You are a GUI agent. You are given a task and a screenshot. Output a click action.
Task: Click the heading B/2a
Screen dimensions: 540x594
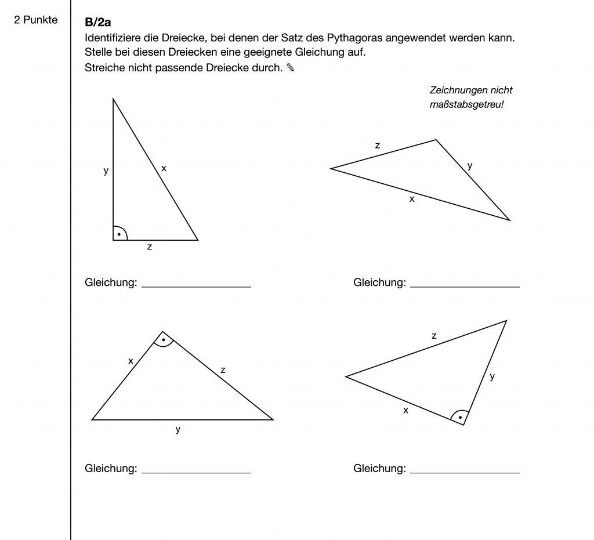98,23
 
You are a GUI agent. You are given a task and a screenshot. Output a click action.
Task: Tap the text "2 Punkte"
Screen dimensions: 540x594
36,20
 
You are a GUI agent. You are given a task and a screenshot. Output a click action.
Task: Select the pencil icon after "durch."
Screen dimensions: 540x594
291,68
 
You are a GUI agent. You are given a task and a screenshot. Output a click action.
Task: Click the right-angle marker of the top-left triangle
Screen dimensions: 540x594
119,233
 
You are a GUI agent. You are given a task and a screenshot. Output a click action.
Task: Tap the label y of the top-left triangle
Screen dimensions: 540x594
106,171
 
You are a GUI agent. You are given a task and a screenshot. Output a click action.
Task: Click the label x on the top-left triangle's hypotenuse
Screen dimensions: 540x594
164,168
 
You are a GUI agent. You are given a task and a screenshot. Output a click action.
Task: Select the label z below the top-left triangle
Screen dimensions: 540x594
150,247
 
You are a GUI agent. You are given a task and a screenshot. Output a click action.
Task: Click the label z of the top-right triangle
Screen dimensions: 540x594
378,146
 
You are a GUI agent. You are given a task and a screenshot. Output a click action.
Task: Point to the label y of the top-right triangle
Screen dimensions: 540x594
470,165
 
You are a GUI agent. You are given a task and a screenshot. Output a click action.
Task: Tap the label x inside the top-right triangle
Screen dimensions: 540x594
412,198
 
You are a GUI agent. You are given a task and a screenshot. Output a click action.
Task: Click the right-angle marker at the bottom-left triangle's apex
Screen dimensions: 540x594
164,340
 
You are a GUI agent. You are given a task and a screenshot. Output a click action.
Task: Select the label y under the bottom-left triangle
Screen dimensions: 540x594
178,429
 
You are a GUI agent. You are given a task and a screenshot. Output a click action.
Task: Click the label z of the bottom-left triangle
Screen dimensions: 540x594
223,369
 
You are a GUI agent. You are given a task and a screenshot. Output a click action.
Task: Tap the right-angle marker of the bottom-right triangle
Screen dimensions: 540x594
459,416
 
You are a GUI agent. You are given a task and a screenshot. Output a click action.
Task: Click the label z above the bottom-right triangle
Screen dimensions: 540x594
434,335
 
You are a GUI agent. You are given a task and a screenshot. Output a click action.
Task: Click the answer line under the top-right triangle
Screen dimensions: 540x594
465,287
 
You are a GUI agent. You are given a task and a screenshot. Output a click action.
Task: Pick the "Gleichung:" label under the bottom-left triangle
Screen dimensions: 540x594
111,469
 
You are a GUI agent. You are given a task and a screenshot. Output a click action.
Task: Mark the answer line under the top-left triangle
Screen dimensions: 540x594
196,287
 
